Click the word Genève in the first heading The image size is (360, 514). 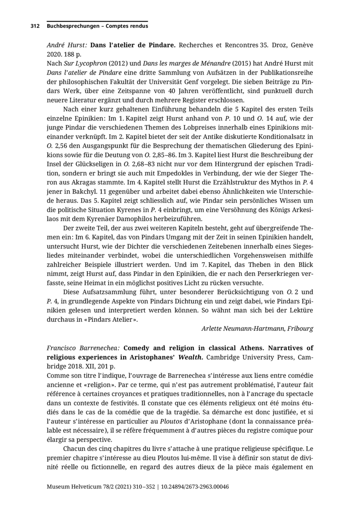tap(301, 45)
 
